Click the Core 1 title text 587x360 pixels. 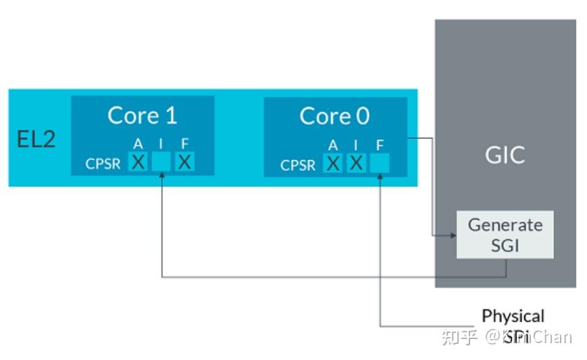coord(142,115)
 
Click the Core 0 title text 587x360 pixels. coord(334,116)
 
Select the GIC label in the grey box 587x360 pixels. coord(505,155)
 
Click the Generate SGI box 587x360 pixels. coord(505,234)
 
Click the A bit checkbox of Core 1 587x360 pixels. coord(138,162)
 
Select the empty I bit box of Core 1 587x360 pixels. coord(161,162)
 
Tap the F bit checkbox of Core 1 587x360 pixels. coord(184,162)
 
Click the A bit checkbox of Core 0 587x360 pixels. coord(333,163)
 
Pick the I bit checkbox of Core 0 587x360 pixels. coord(356,163)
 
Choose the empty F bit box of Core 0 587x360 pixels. coord(380,163)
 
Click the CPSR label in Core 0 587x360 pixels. coord(298,165)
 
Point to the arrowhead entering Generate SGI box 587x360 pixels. coord(452,236)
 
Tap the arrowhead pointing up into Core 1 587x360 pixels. coord(161,176)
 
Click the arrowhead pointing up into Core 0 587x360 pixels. coord(380,176)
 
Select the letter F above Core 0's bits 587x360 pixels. coord(380,145)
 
